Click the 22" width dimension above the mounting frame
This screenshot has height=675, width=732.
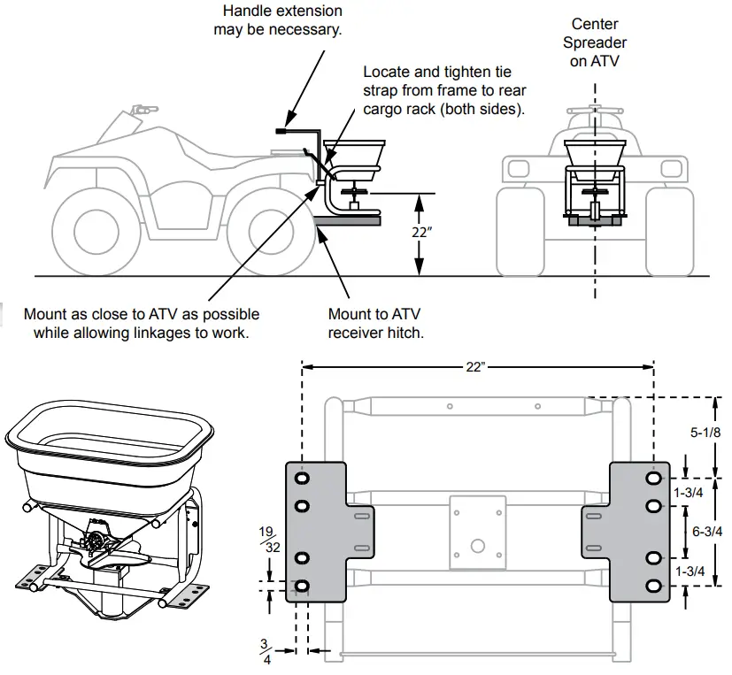(x=476, y=366)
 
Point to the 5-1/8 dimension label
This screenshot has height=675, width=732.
(x=705, y=433)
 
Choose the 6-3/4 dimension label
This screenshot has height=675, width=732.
(x=705, y=531)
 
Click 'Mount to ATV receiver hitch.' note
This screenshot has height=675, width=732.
(x=375, y=323)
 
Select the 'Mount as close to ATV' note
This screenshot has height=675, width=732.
(x=142, y=323)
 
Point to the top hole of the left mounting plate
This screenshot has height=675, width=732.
(x=303, y=478)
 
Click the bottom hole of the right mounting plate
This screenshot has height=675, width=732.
(x=653, y=587)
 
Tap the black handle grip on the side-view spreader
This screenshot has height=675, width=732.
(x=284, y=131)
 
